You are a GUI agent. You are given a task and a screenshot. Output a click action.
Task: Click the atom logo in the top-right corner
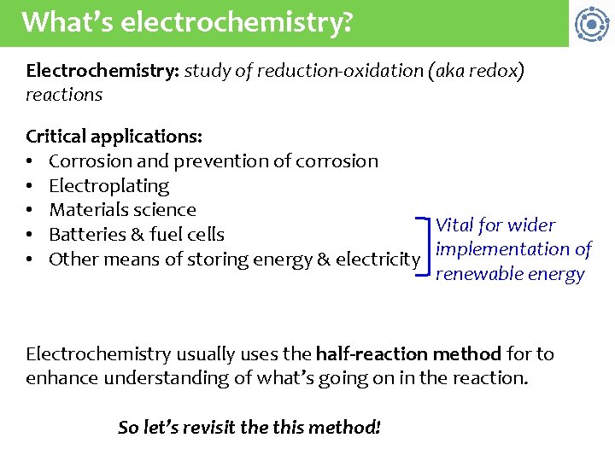(x=591, y=23)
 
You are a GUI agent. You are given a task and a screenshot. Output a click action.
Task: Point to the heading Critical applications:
(x=114, y=137)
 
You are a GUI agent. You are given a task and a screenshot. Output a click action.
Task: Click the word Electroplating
(x=109, y=185)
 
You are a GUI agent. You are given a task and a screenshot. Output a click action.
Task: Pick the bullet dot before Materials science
(x=31, y=210)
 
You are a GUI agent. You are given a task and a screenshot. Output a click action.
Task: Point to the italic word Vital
(x=455, y=225)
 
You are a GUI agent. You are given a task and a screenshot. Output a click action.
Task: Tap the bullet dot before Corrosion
(x=31, y=161)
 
